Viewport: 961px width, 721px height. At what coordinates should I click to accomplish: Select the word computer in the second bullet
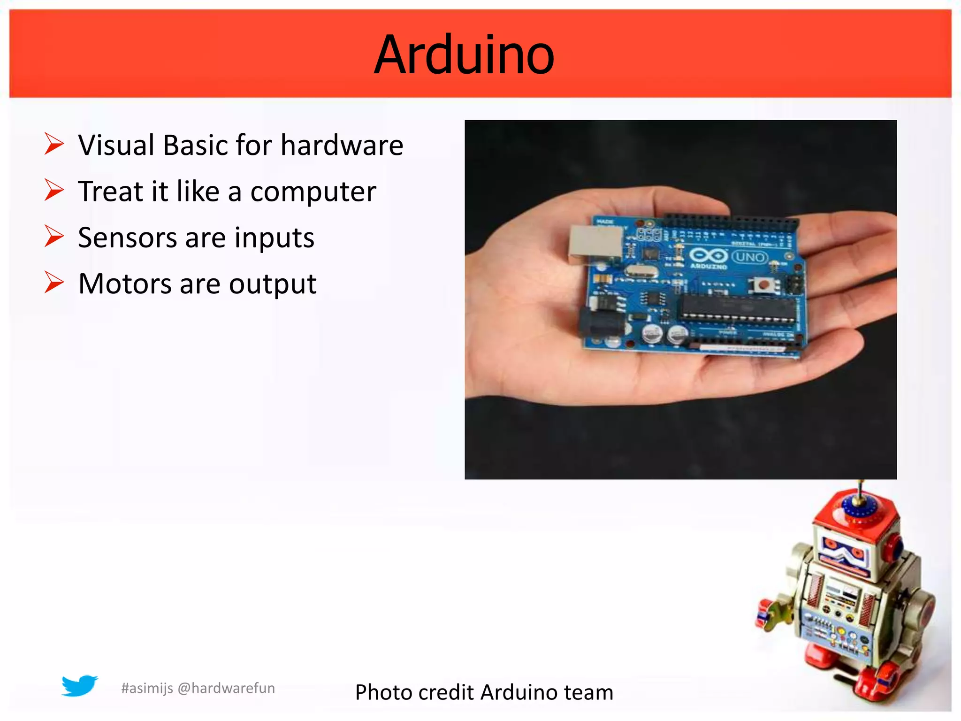(313, 192)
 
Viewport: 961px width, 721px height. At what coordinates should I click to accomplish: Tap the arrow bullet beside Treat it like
(54, 190)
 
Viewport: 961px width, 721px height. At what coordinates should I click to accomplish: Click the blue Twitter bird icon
(79, 686)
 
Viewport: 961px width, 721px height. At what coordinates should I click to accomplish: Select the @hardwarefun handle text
(226, 688)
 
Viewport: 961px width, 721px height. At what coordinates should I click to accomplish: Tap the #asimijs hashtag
(147, 689)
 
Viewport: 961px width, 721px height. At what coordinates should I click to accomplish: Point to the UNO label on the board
(750, 257)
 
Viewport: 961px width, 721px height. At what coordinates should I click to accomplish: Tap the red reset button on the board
(764, 284)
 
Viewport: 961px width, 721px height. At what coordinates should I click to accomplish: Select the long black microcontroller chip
(739, 307)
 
